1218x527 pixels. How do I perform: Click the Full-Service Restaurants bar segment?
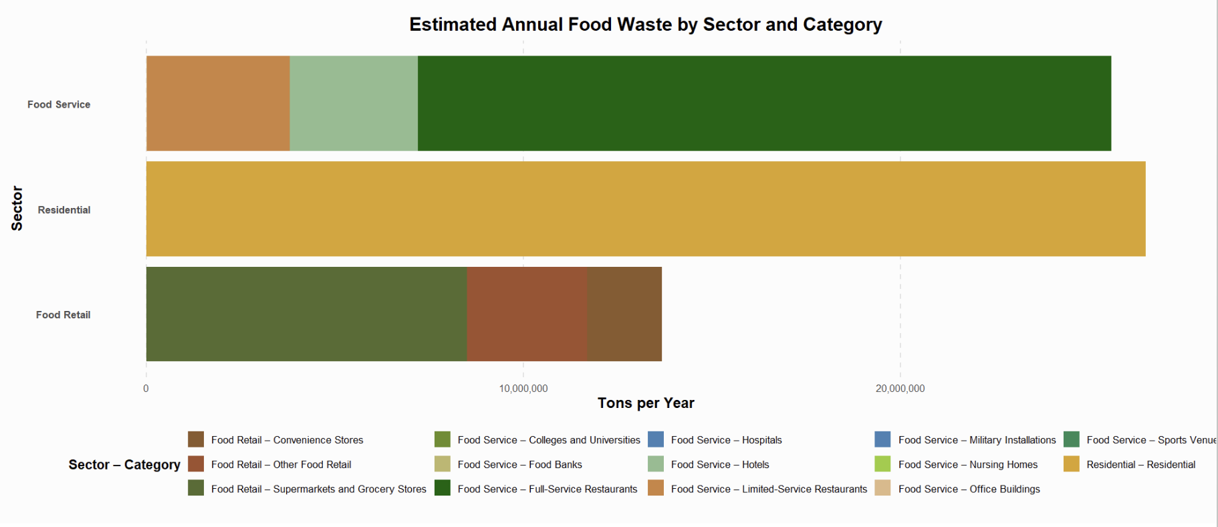[764, 104]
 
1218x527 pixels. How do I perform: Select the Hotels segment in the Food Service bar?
[354, 104]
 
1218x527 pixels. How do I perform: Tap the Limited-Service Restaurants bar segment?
[218, 104]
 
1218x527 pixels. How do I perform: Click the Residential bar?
[645, 209]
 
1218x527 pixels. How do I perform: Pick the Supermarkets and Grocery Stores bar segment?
[306, 314]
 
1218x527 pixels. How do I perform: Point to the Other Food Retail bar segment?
[527, 314]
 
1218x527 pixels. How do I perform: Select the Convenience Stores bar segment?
[624, 314]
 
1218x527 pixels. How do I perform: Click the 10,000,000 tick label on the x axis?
[523, 389]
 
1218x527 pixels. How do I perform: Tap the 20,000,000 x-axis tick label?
[900, 389]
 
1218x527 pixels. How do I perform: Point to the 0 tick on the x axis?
[146, 389]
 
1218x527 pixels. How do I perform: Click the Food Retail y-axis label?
[63, 315]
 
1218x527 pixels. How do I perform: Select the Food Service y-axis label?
[59, 104]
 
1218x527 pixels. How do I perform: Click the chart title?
[645, 25]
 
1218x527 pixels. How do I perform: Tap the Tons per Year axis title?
[646, 403]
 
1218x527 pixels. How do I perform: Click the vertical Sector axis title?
[17, 209]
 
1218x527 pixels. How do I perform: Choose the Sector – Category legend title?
[124, 465]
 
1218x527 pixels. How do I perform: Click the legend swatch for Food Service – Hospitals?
[656, 439]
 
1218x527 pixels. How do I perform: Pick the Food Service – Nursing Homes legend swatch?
[882, 464]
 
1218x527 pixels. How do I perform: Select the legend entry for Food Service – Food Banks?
[519, 464]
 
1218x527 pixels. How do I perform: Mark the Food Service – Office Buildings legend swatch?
[882, 489]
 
